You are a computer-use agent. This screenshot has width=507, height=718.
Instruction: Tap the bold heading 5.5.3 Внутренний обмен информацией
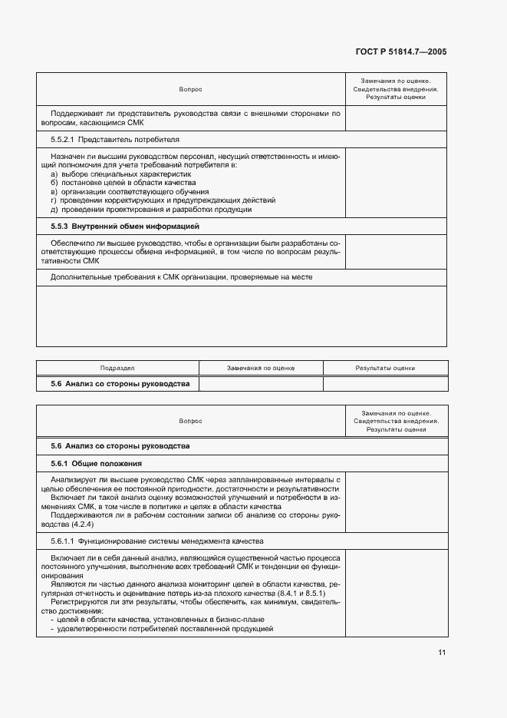125,227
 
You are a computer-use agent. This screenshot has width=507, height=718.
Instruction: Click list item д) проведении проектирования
151,210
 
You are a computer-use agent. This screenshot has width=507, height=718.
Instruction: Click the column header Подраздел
117,368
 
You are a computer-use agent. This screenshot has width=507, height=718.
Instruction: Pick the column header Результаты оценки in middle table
385,368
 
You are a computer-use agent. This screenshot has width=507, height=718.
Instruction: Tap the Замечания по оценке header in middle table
261,368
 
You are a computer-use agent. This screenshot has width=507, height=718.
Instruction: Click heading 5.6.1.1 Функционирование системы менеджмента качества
154,541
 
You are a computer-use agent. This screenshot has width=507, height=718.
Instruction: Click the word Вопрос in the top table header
190,89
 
